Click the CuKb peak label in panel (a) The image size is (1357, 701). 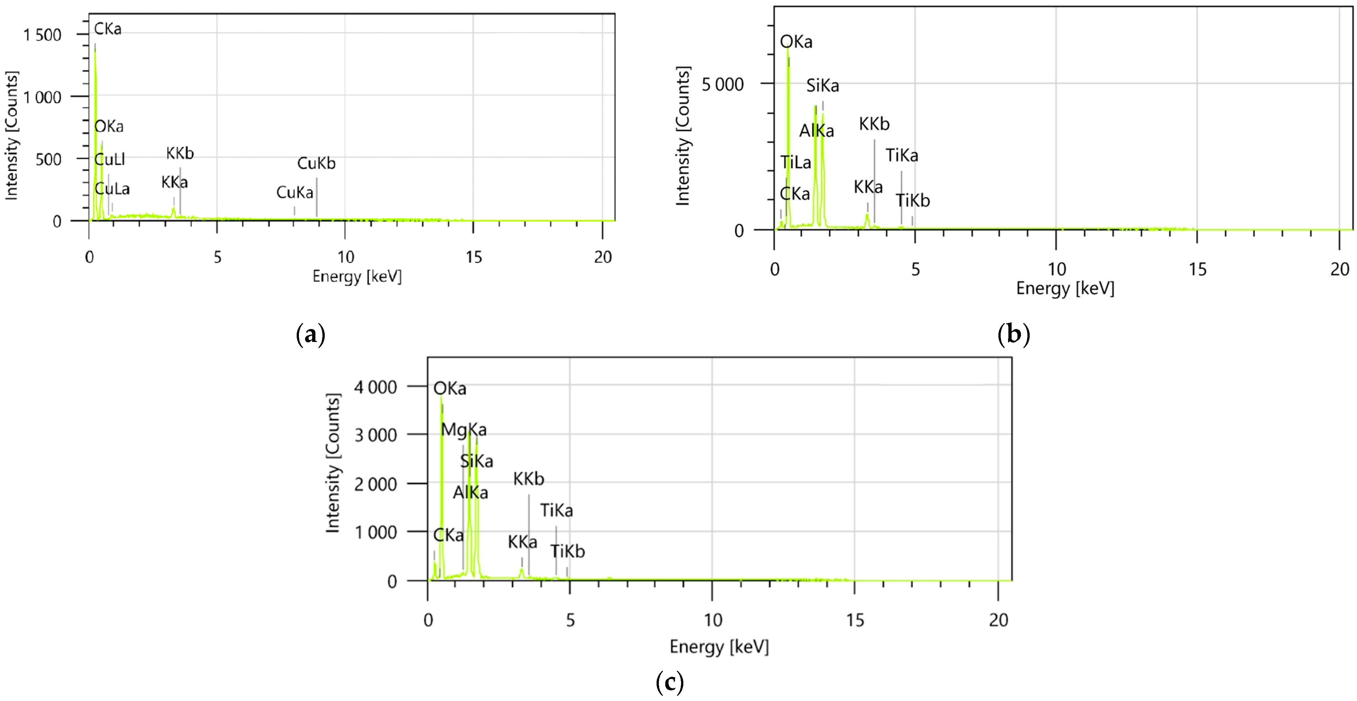[316, 163]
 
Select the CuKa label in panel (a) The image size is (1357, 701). [294, 192]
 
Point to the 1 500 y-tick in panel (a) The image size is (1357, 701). [42, 35]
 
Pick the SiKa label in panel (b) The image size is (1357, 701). [822, 85]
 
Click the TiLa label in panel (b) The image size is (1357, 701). [796, 162]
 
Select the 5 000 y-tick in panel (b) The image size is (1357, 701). [722, 84]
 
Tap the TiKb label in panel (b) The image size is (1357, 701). [913, 200]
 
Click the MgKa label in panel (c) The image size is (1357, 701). [464, 430]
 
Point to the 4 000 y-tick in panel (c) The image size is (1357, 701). [375, 387]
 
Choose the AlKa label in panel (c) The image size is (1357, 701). [470, 492]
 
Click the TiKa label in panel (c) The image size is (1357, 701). [556, 510]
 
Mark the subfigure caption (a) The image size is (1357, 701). [311, 335]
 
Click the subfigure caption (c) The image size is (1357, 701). [669, 683]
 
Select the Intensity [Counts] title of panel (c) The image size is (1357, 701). [333, 463]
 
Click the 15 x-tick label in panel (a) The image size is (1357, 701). [473, 257]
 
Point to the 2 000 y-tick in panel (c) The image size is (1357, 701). [375, 484]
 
